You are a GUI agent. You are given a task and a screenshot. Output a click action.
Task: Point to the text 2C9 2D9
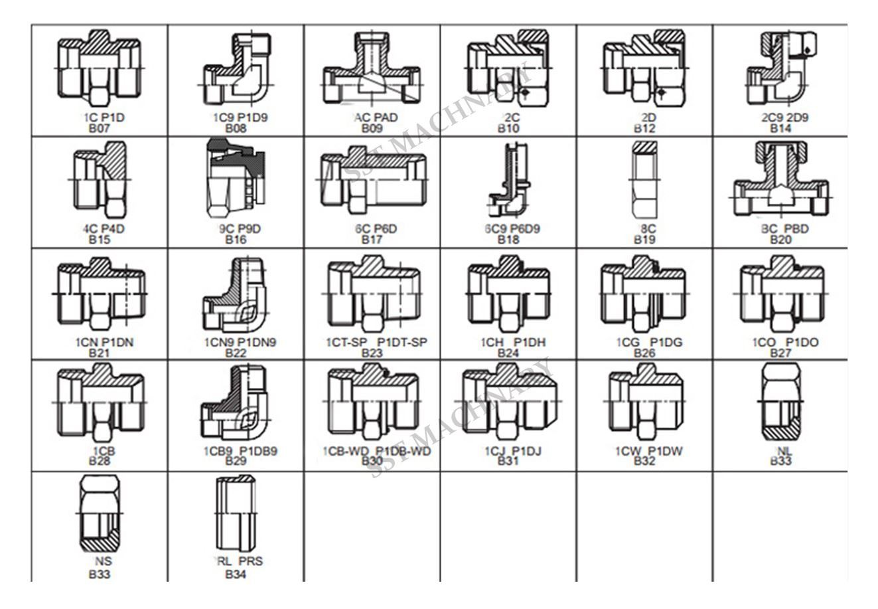point(780,118)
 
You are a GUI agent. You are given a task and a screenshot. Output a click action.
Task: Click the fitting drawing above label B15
point(100,181)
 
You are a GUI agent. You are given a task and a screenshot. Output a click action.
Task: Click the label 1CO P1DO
point(780,343)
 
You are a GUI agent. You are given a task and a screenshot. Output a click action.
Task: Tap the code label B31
point(508,462)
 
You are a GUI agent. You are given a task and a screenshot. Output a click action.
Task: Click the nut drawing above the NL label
point(780,402)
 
